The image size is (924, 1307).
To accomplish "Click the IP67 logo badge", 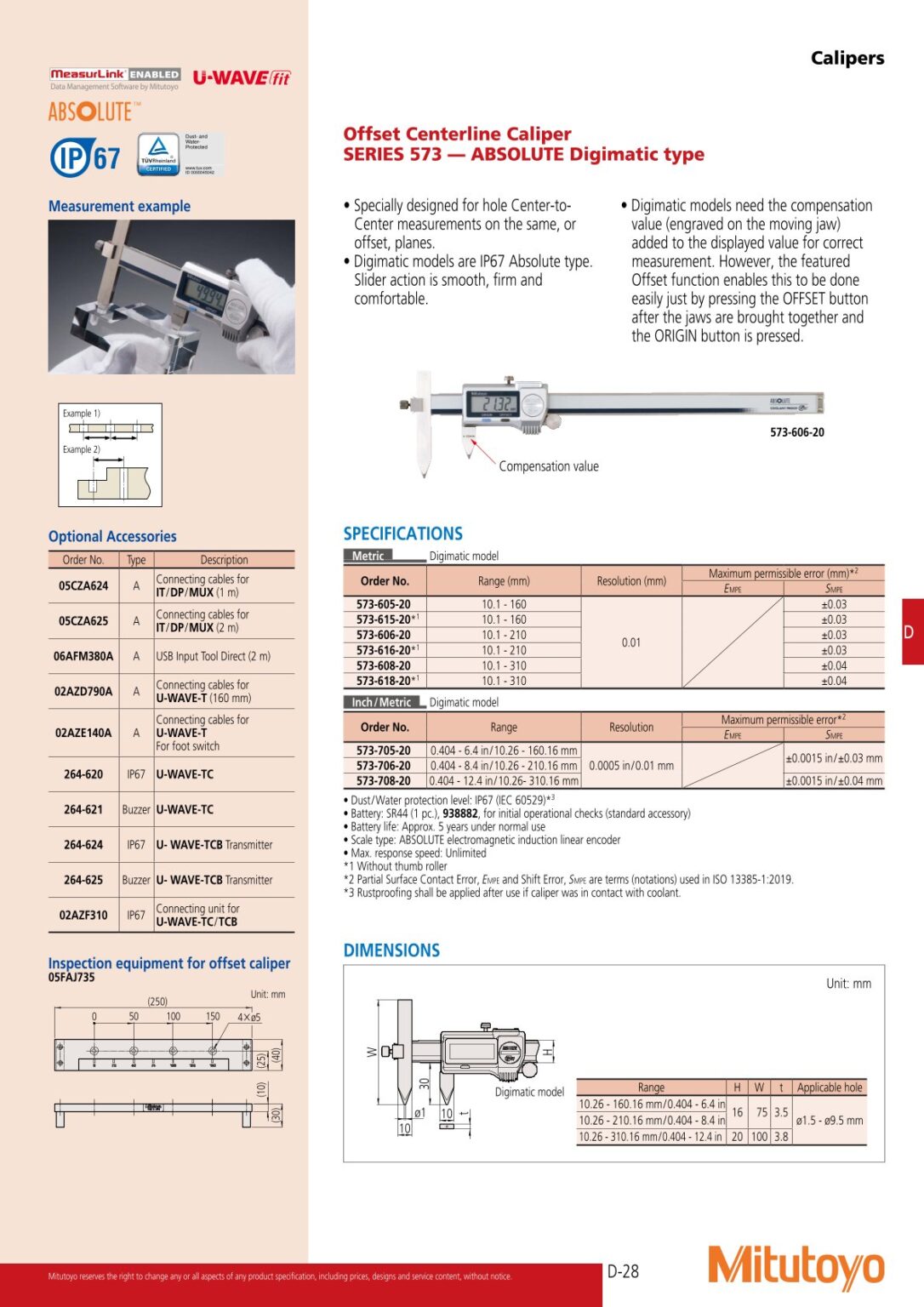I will pyautogui.click(x=85, y=157).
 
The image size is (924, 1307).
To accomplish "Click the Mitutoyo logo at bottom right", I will pyautogui.click(x=796, y=1267).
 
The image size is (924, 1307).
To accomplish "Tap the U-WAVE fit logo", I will pyautogui.click(x=242, y=78).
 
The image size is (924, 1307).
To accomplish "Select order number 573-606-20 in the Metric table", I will pyautogui.click(x=384, y=635).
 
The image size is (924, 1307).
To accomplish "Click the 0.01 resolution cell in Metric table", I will pyautogui.click(x=630, y=642).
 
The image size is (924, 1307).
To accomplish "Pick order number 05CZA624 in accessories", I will pyautogui.click(x=83, y=585).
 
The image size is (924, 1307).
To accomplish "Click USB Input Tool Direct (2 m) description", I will pyautogui.click(x=213, y=656).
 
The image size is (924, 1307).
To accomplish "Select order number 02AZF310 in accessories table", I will pyautogui.click(x=83, y=915).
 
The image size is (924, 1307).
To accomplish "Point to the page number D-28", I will pyautogui.click(x=623, y=1271).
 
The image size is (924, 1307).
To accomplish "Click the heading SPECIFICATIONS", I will pyautogui.click(x=402, y=534).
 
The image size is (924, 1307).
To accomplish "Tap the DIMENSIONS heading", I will pyautogui.click(x=391, y=950).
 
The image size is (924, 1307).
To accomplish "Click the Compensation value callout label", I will pyautogui.click(x=549, y=466).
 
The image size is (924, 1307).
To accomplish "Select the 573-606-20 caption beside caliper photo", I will pyautogui.click(x=796, y=432).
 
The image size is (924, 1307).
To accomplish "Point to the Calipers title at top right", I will pyautogui.click(x=847, y=58).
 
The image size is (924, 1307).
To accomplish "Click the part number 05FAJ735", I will pyautogui.click(x=71, y=978).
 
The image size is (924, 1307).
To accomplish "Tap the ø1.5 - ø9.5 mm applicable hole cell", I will pyautogui.click(x=829, y=1120).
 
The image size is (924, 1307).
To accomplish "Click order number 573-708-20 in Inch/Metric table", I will pyautogui.click(x=384, y=780).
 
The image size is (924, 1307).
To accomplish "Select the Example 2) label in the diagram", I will pyautogui.click(x=81, y=449).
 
